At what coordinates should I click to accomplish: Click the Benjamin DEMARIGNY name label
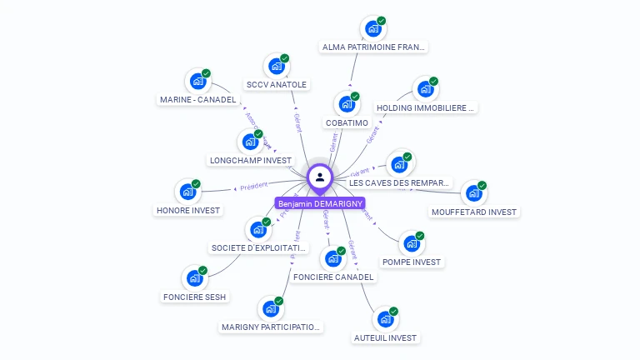tap(320, 203)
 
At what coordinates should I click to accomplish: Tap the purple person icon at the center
tap(320, 177)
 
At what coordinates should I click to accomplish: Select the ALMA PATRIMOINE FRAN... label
tap(374, 47)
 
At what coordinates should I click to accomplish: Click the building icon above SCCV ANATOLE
tap(276, 66)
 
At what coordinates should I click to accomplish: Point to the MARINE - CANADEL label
tap(197, 100)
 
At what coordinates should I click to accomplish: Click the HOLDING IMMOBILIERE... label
tap(426, 107)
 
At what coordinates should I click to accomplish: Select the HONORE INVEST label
tap(188, 210)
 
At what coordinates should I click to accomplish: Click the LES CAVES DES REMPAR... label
tap(399, 182)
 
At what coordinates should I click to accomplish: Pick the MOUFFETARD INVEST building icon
tap(474, 192)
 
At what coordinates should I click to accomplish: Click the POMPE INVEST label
tap(412, 262)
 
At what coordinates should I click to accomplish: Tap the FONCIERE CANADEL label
tap(333, 277)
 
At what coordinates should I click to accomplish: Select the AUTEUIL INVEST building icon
tap(385, 319)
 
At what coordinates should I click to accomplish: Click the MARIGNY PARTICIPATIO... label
tap(272, 327)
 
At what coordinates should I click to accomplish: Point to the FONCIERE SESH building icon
tap(195, 278)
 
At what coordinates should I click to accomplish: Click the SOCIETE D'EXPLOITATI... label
tap(259, 247)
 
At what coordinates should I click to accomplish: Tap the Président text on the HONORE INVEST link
tap(253, 187)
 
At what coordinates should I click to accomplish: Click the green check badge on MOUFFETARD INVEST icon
tap(482, 185)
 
